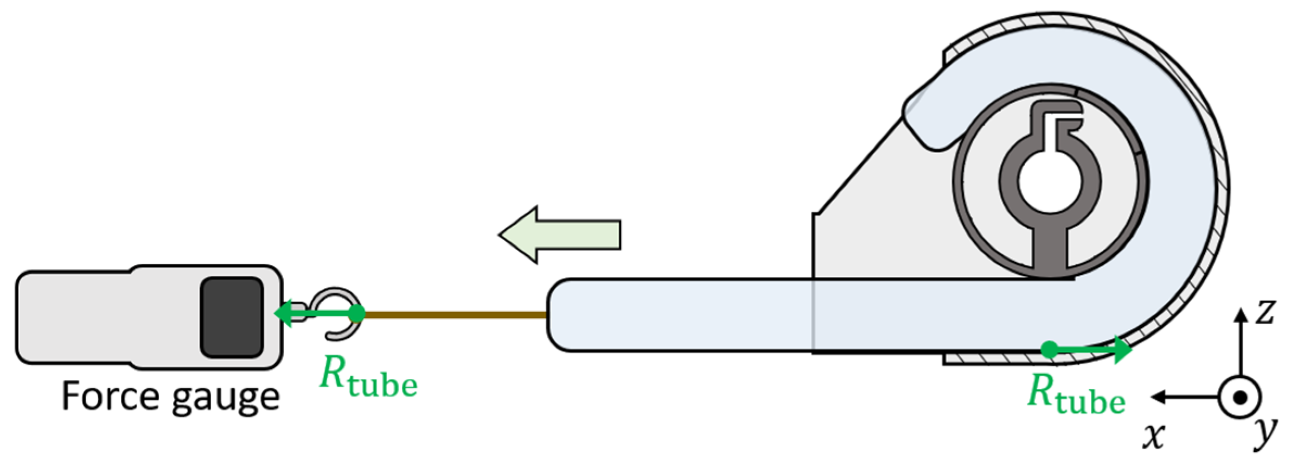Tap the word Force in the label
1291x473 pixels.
pyautogui.click(x=108, y=396)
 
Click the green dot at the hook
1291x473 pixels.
pyautogui.click(x=356, y=313)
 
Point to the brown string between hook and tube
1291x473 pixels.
pyautogui.click(x=456, y=314)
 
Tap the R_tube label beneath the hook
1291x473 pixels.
pyautogui.click(x=368, y=377)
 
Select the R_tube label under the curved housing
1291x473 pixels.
pyautogui.click(x=1076, y=394)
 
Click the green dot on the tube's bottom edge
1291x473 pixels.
pyautogui.click(x=1050, y=349)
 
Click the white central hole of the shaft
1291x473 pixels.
pyautogui.click(x=1050, y=181)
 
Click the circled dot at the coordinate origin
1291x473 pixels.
pyautogui.click(x=1239, y=398)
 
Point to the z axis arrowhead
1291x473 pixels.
pyautogui.click(x=1241, y=315)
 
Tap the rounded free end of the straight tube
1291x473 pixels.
pyautogui.click(x=559, y=314)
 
